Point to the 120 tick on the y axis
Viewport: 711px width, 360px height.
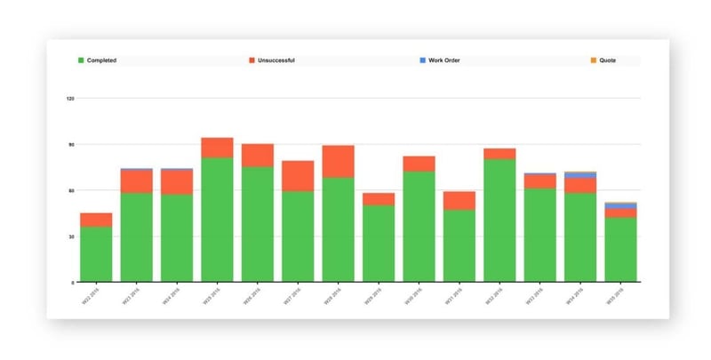pos(69,98)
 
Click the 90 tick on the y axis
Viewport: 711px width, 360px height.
pos(70,144)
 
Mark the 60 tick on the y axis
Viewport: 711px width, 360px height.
pos(70,190)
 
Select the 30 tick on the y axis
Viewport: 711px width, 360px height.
pos(70,236)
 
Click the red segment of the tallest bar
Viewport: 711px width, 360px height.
pos(217,148)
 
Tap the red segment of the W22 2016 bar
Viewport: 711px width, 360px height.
pos(96,220)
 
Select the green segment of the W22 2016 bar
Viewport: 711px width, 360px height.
pos(96,254)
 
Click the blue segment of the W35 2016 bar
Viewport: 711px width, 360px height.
pos(620,206)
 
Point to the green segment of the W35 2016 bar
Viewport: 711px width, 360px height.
pos(620,250)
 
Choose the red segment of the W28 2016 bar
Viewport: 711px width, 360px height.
pos(338,161)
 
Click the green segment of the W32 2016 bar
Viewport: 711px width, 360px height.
pos(499,220)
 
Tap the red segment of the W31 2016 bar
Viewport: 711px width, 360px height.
pos(459,200)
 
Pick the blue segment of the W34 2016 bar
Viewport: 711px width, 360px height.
pos(580,175)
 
